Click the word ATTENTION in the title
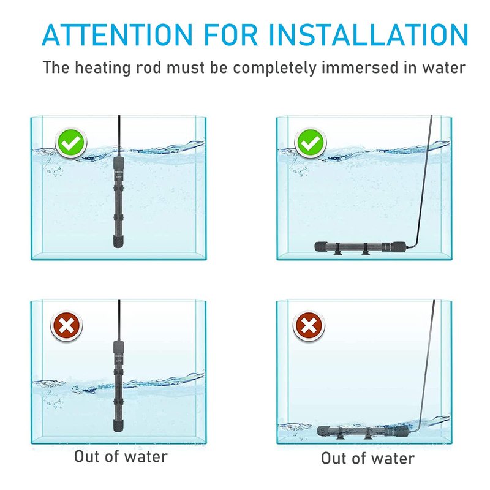point(117,34)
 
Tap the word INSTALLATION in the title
point(369,34)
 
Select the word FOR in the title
point(231,34)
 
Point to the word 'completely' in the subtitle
point(274,68)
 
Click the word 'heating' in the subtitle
point(102,67)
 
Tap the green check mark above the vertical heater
point(71,143)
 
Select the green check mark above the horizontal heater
point(311,143)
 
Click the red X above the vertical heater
point(67,326)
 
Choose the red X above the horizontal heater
point(309,326)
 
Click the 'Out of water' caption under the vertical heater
point(121,456)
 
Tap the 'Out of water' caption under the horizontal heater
point(368,458)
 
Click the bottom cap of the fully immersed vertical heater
point(118,241)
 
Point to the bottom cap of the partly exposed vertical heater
point(118,425)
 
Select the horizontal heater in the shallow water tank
point(363,431)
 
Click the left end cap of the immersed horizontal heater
point(321,246)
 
